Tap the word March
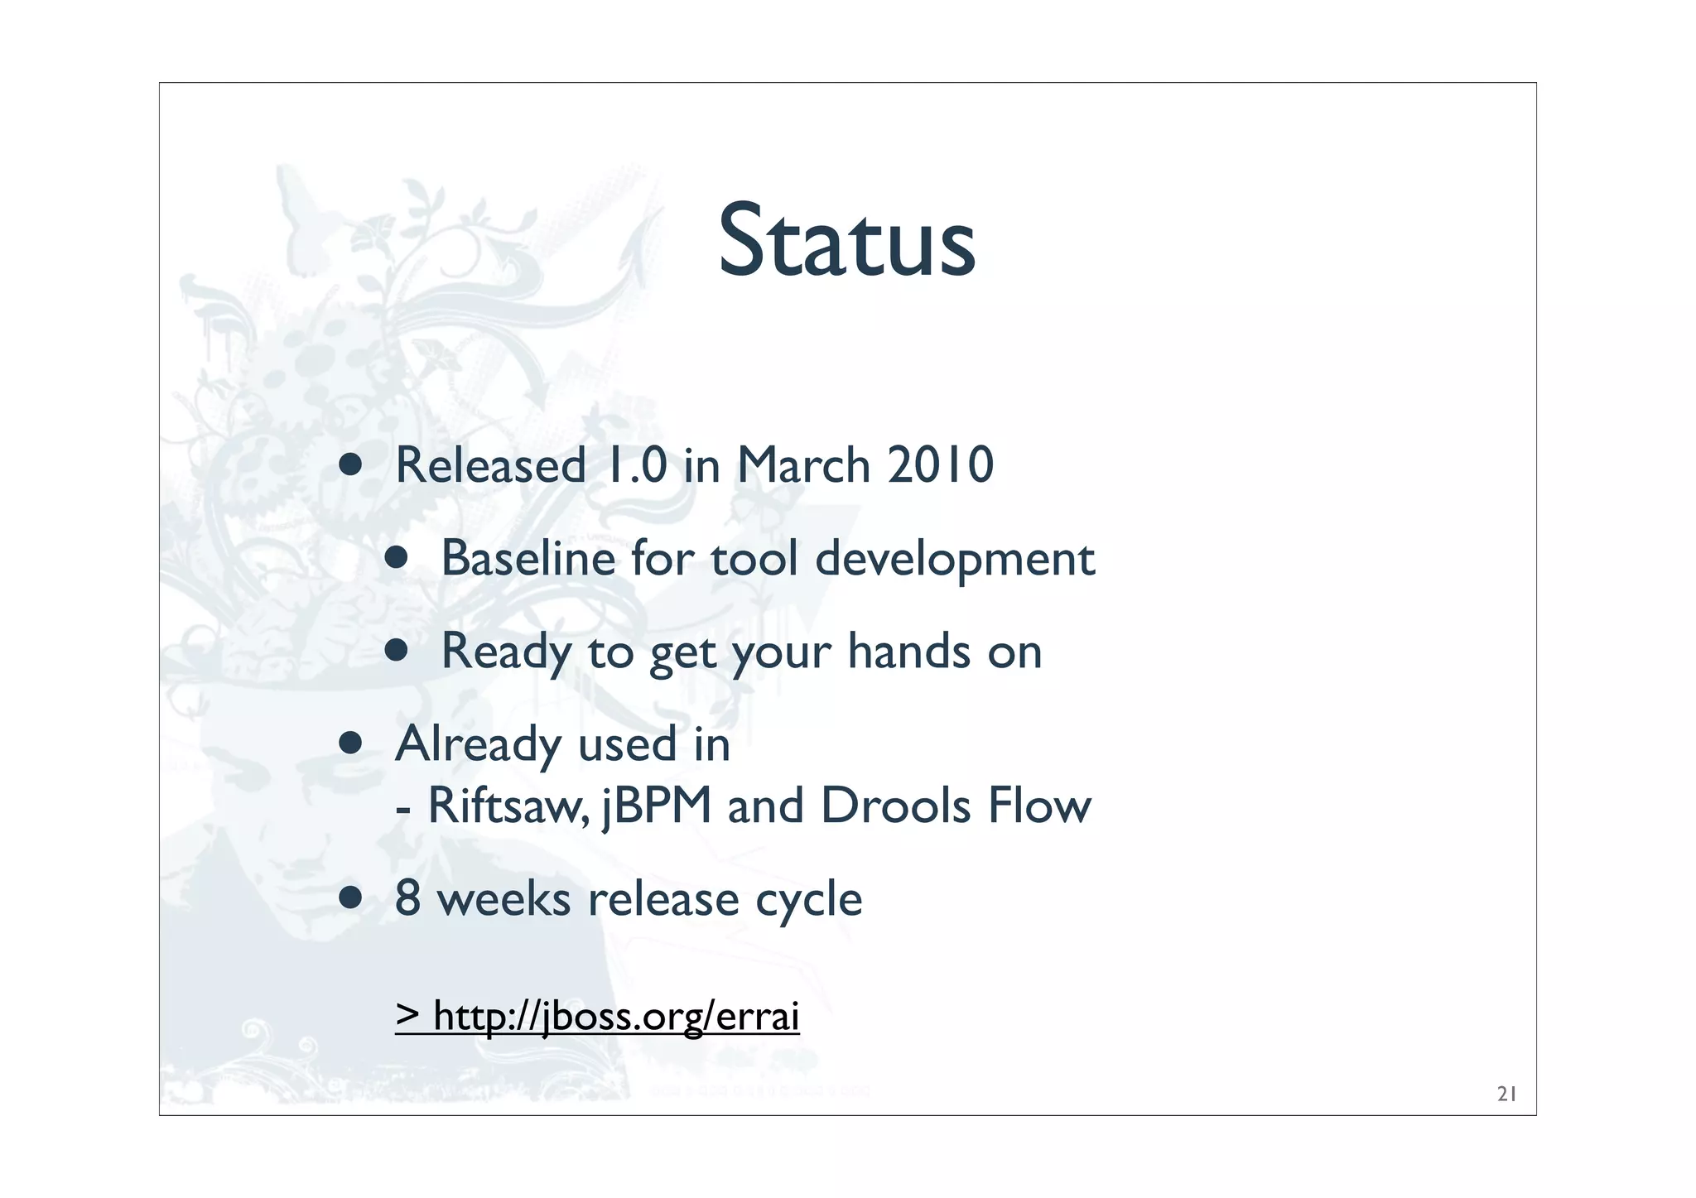pyautogui.click(x=803, y=465)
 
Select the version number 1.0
pyautogui.click(x=636, y=465)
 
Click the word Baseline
pyautogui.click(x=528, y=558)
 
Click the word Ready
pyautogui.click(x=506, y=652)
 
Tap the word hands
pyautogui.click(x=908, y=652)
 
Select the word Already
pyautogui.click(x=478, y=745)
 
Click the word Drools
pyautogui.click(x=895, y=806)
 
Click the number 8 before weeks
pyautogui.click(x=407, y=898)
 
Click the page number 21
pyautogui.click(x=1506, y=1095)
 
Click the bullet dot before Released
pyautogui.click(x=350, y=465)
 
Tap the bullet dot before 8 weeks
pyautogui.click(x=350, y=898)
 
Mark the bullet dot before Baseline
pyautogui.click(x=397, y=558)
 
